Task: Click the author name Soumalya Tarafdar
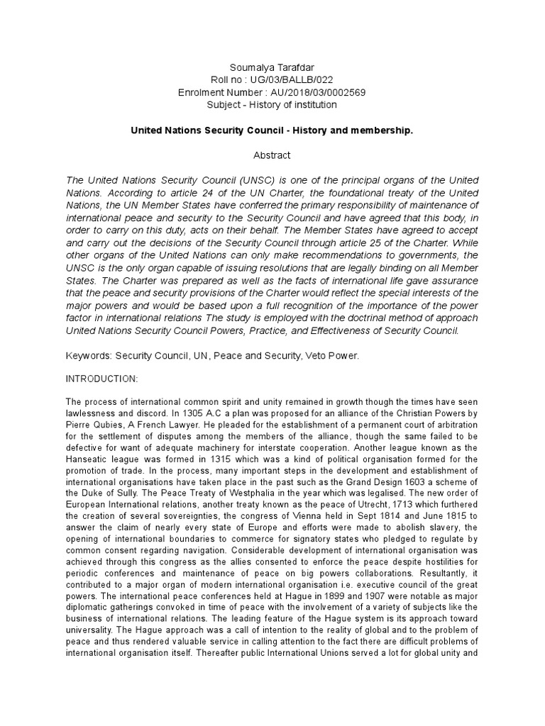[272, 68]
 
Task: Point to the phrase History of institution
[291, 104]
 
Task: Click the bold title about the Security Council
[272, 131]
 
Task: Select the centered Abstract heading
[272, 155]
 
